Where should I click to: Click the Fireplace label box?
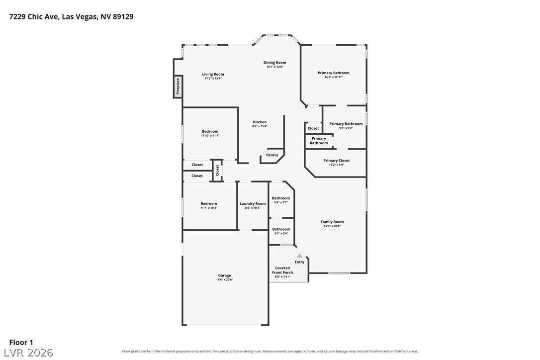coord(178,87)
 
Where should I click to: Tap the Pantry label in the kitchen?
coord(272,155)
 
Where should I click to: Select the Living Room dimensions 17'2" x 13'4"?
coord(213,79)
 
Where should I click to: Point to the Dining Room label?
coord(275,62)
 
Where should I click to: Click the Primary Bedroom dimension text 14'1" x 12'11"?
coord(334,77)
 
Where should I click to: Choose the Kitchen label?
coord(260,122)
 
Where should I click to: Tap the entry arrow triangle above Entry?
coord(300,256)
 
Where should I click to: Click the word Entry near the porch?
coord(300,262)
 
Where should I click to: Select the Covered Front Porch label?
coord(283,270)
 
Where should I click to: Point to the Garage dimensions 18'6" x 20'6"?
coord(225,280)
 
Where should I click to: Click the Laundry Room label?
coord(253,203)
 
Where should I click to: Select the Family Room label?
coord(332,222)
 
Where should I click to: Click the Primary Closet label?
coord(337,161)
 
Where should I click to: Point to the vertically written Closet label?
coord(217,170)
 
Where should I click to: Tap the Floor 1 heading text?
coord(21,343)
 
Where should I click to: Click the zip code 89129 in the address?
coord(123,16)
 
